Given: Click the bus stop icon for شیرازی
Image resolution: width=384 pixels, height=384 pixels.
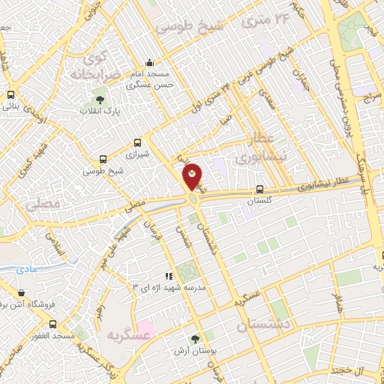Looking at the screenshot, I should tap(137, 142).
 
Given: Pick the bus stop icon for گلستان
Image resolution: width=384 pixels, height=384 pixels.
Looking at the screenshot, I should tap(259, 190).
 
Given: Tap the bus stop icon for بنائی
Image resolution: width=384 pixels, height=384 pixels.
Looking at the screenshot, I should tap(10, 95).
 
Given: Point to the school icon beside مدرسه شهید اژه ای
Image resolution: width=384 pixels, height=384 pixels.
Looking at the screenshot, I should tap(169, 276).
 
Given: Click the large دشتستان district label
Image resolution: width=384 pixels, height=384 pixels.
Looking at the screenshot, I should tap(267, 327).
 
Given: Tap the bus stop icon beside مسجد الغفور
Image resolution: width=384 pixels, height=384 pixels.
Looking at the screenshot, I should tap(52, 325).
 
